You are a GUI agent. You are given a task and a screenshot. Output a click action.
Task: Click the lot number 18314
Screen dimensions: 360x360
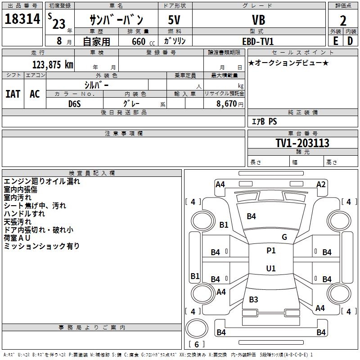click(x=22, y=19)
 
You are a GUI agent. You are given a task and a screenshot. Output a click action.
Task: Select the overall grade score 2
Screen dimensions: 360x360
click(x=343, y=21)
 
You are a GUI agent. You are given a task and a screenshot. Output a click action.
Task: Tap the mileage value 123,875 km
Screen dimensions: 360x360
click(x=53, y=65)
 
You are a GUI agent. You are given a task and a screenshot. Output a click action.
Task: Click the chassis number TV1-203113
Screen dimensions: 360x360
click(x=302, y=143)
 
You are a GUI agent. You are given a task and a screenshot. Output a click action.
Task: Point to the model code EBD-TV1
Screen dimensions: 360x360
click(x=258, y=41)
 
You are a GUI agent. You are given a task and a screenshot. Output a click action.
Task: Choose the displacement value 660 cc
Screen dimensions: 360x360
click(x=143, y=41)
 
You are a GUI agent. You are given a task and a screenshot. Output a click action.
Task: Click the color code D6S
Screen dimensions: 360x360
click(x=75, y=104)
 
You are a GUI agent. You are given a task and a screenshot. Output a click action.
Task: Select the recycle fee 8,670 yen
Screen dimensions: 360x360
click(x=229, y=104)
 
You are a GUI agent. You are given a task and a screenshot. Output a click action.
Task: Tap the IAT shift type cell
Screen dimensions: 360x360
click(x=13, y=94)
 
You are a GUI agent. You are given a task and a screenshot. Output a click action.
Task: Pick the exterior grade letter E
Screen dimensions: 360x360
click(x=335, y=41)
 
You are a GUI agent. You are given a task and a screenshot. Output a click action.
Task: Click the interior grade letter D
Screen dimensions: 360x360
click(x=350, y=41)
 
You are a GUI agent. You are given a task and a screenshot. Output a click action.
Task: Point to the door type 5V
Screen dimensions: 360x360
click(x=174, y=20)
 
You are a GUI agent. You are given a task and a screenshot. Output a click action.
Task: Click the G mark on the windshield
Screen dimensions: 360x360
click(x=284, y=237)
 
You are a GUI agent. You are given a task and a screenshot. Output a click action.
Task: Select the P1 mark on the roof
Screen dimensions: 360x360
click(x=271, y=251)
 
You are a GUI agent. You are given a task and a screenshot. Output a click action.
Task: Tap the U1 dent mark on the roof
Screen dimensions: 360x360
click(x=271, y=268)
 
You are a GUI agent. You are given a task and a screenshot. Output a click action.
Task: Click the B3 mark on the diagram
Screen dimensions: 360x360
click(x=253, y=299)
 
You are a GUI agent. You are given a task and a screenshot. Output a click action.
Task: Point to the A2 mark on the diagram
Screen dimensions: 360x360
click(x=321, y=184)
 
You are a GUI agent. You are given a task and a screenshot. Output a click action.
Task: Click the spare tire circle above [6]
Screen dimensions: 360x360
click(x=197, y=328)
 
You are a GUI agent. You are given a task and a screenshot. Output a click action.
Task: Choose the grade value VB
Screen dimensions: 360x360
click(x=259, y=20)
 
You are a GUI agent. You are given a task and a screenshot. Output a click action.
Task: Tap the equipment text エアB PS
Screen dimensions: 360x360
click(x=265, y=121)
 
